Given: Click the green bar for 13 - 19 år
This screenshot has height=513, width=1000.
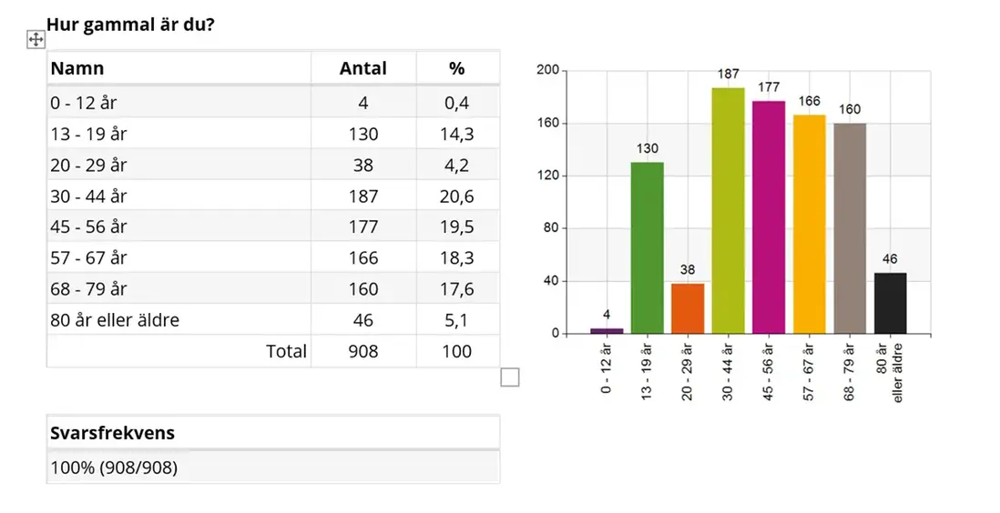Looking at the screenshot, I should (647, 247).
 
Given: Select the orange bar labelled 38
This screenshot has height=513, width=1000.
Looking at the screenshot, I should (688, 308).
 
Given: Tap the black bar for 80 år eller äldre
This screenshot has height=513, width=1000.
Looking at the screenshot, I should (890, 303).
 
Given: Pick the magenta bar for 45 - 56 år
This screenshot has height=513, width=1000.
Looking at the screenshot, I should (769, 217).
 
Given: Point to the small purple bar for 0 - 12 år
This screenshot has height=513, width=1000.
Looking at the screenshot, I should (607, 330).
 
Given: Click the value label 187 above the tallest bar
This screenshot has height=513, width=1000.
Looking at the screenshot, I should (728, 74).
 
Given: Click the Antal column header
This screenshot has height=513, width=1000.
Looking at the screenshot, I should (362, 68).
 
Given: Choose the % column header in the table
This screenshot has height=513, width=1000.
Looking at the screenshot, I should (457, 68).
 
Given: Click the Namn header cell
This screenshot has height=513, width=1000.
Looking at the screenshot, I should (77, 68).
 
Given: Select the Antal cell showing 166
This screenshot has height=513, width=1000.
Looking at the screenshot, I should (362, 257).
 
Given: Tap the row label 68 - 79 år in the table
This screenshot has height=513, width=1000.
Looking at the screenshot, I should (89, 288).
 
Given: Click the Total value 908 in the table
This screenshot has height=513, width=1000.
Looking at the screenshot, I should (362, 351).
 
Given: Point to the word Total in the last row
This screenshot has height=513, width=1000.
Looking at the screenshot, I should (286, 351).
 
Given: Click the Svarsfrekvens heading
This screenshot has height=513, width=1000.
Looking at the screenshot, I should (112, 433).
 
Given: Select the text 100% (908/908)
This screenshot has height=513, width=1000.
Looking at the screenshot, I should (114, 468).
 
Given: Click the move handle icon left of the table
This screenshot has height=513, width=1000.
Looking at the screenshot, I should (36, 39).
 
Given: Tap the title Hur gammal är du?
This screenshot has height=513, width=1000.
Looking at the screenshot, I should (131, 24).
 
